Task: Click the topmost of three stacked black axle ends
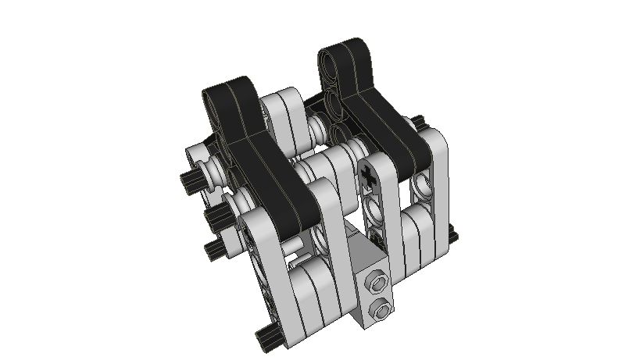pyautogui.click(x=190, y=181)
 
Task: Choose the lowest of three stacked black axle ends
pyautogui.click(x=214, y=250)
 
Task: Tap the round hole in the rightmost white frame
pyautogui.click(x=423, y=187)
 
